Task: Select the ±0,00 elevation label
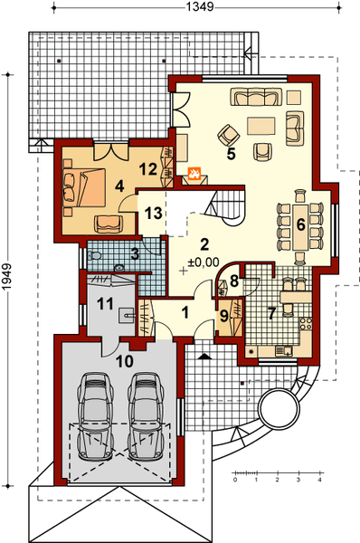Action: point(204,262)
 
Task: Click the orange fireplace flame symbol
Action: point(193,171)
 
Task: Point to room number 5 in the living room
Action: point(232,154)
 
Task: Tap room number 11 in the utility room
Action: point(104,303)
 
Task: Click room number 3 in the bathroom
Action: point(133,253)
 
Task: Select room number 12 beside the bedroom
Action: point(148,167)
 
